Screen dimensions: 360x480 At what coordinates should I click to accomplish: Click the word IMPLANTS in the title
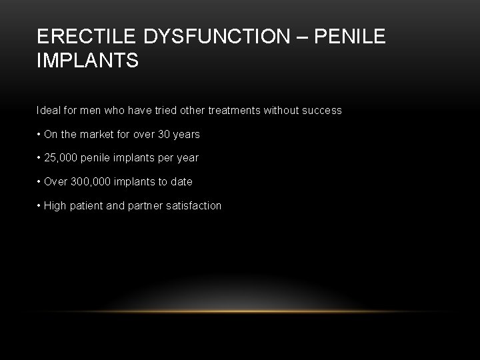tap(88, 61)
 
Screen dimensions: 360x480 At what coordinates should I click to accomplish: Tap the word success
tap(321, 110)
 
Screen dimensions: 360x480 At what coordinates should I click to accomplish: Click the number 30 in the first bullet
tap(164, 134)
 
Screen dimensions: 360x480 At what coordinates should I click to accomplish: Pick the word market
tap(96, 134)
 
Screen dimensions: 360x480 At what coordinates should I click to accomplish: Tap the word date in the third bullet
tap(181, 181)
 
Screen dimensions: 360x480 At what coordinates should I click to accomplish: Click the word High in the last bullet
tap(55, 205)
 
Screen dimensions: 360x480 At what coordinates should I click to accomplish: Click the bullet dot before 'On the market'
tap(39, 134)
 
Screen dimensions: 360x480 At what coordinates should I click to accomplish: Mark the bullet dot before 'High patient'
tap(39, 205)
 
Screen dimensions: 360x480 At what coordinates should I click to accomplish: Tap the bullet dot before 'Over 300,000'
tap(39, 181)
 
